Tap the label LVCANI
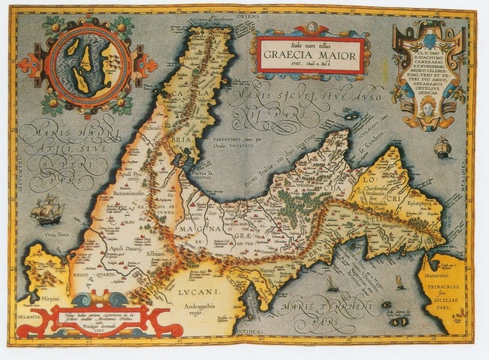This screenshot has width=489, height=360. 200,291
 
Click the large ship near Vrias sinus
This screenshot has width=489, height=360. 46,208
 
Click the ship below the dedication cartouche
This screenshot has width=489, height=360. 443,148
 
